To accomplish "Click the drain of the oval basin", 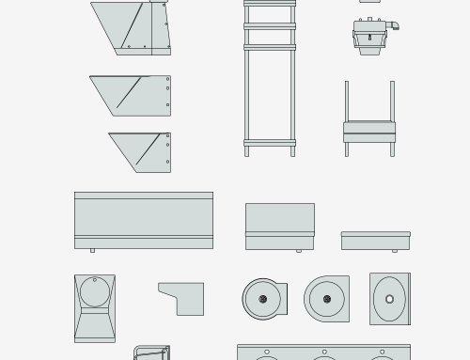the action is [x=390, y=299].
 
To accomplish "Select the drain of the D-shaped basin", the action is [x=326, y=300].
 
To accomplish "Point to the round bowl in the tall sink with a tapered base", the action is [x=94, y=291].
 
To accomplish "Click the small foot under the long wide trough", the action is [x=92, y=250].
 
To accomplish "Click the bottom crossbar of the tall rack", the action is [x=270, y=143].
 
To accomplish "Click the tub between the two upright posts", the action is [x=368, y=131].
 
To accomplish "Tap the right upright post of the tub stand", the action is [x=392, y=103].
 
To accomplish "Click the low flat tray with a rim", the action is [x=375, y=241].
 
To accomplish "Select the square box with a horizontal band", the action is [x=280, y=226].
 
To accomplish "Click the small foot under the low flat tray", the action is [x=395, y=251].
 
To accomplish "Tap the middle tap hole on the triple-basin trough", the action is [x=323, y=358].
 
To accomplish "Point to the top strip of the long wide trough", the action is [x=144, y=196].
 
